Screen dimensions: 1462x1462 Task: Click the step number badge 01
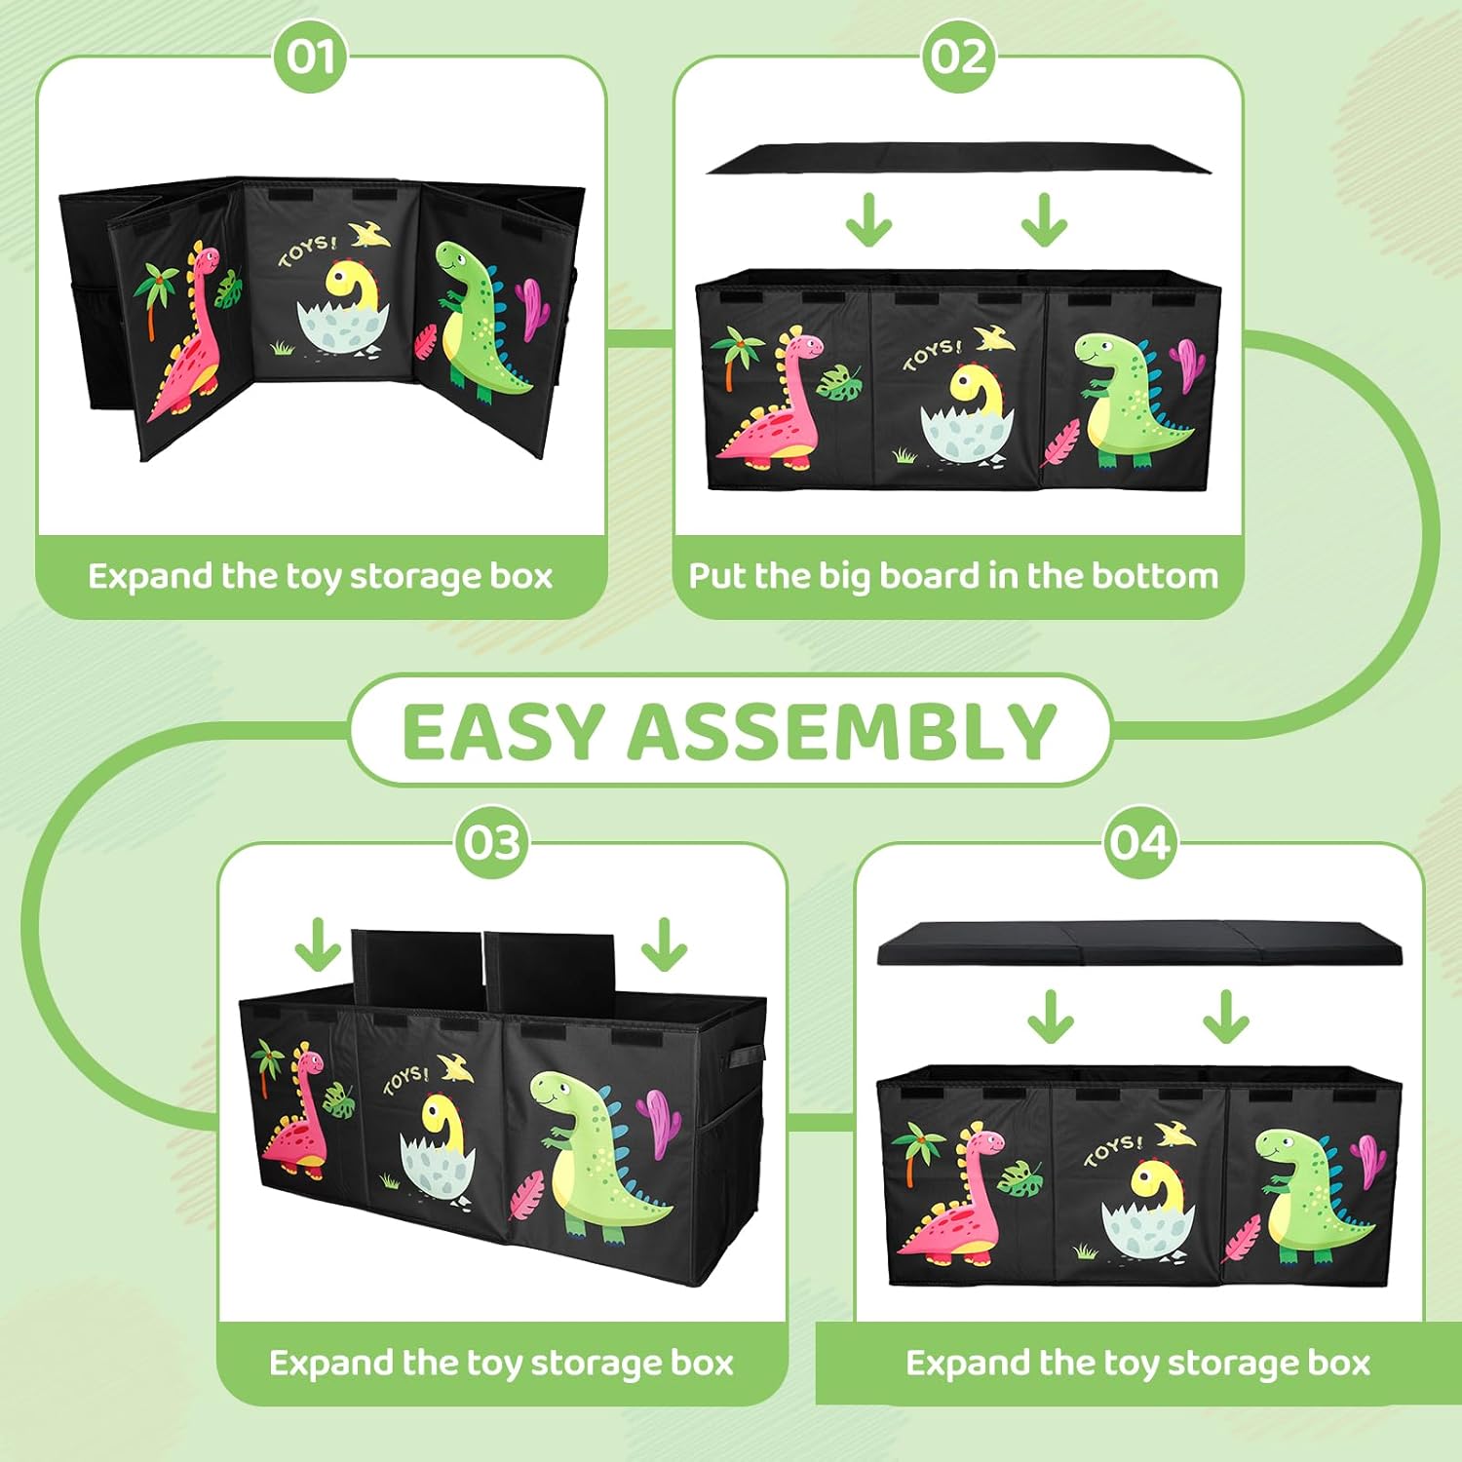point(310,57)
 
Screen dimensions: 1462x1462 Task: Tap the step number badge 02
point(959,57)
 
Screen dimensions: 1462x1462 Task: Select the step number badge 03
point(492,842)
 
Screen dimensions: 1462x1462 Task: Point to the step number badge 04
point(1139,842)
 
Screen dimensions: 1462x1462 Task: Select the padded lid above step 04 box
point(1139,943)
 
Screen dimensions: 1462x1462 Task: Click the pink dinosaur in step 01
point(185,331)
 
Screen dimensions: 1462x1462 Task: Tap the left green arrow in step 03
point(318,944)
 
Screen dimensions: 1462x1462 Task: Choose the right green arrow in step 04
point(1226,1018)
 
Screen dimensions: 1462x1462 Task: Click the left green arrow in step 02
point(869,220)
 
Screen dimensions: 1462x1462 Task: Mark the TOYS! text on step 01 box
point(306,249)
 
